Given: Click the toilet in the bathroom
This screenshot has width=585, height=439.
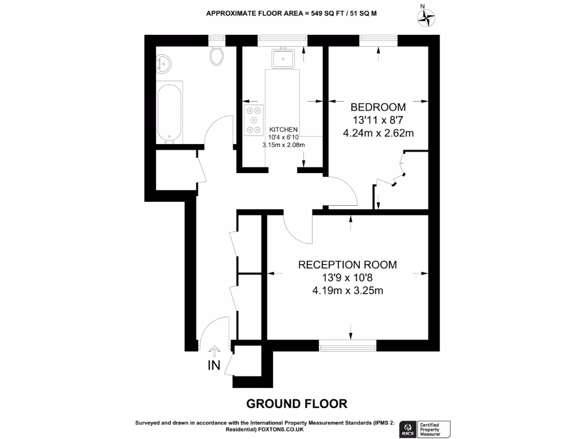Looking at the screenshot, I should point(217,55).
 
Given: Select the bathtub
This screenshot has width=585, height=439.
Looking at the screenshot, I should point(170,113).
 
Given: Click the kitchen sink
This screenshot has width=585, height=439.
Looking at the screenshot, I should point(283,58).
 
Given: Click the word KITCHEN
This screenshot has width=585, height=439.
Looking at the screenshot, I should point(283,129).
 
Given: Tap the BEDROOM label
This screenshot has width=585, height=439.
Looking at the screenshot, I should point(378,107).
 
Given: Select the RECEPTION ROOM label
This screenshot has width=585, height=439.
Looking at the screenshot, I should point(347,265).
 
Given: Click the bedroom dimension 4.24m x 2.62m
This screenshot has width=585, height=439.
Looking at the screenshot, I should point(378,133).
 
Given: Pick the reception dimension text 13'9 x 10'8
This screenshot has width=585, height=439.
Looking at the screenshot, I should point(347,278).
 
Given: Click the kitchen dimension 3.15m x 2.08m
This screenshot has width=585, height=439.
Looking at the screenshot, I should point(283,145).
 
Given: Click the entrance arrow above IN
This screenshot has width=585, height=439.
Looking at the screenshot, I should point(214,350).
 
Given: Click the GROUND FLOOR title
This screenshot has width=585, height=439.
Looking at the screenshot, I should point(296,404).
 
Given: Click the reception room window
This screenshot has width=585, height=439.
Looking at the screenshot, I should point(347,345).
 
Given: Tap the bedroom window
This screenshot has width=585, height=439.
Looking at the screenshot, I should point(378,40).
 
